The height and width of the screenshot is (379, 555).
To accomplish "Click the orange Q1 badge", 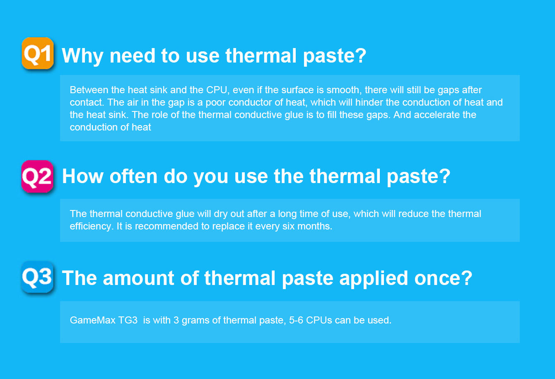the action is (x=38, y=53).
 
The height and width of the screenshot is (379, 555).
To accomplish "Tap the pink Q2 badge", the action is (x=37, y=176).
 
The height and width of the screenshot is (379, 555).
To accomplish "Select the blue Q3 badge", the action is (x=37, y=277).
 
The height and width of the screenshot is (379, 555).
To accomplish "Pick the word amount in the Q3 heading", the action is (x=138, y=278).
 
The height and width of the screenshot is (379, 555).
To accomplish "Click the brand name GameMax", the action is (x=93, y=320).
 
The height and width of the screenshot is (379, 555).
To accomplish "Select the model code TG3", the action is (x=128, y=320).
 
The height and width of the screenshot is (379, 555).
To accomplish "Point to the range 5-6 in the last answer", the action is (x=296, y=320).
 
